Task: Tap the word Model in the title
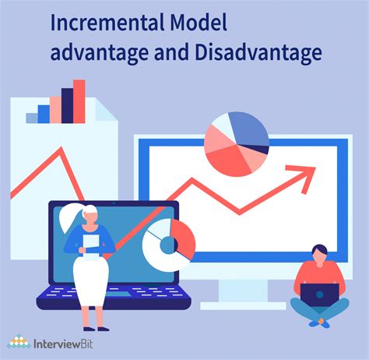pos(199,23)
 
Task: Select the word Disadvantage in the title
pos(258,52)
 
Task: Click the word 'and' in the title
pos(171,52)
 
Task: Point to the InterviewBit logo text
pos(63,344)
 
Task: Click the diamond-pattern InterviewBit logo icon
pos(19,341)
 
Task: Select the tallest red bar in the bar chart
pos(79,101)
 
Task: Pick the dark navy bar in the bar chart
pos(67,105)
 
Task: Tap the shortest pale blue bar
pos(32,118)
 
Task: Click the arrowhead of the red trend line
pos(304,177)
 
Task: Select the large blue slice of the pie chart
pos(248,128)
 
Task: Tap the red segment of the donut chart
pos(184,239)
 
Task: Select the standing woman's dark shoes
pos(96,329)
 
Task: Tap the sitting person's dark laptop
pos(320,295)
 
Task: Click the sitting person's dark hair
pos(320,249)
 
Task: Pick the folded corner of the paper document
pos(106,110)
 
